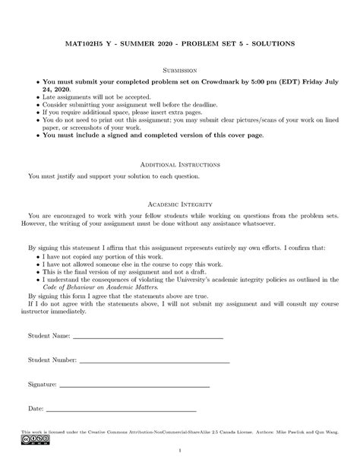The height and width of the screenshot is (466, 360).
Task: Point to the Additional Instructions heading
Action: tap(180, 163)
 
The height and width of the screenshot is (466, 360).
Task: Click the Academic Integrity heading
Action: tap(180, 204)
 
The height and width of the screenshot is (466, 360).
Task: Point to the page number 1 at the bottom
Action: tap(180, 455)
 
